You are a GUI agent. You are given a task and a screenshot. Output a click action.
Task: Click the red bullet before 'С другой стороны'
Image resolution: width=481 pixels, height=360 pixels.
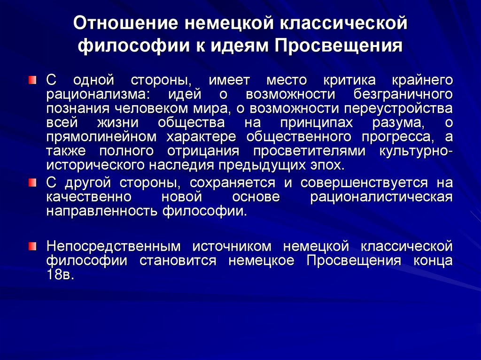[31, 182]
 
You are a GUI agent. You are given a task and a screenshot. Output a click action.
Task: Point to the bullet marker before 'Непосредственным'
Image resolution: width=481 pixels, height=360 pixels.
[31, 245]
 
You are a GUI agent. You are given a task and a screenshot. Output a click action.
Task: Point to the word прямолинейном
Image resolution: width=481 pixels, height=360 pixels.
[101, 138]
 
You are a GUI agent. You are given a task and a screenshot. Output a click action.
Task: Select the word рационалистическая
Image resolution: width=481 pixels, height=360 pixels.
[381, 197]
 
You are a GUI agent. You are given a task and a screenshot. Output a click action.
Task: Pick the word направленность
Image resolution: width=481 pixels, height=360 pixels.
[102, 211]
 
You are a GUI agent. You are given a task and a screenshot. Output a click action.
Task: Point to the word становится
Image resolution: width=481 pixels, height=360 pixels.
[177, 260]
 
